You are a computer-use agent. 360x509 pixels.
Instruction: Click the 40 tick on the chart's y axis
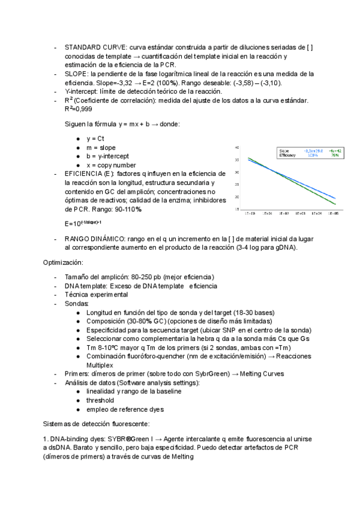[x=238, y=147]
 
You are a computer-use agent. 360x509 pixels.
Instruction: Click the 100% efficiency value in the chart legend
[x=313, y=155]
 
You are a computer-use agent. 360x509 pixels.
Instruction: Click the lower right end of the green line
[x=335, y=204]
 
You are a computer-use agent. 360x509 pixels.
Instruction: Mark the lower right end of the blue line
[x=335, y=198]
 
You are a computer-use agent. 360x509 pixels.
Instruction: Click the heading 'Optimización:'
[x=63, y=262]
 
